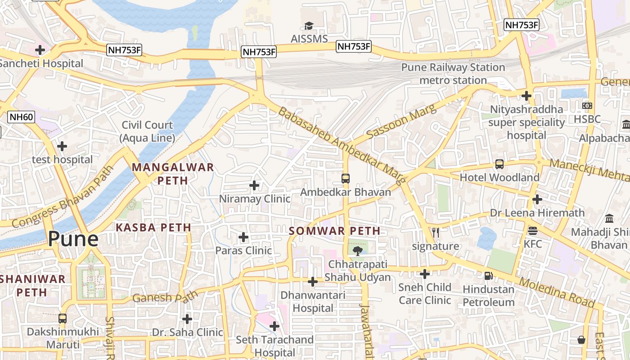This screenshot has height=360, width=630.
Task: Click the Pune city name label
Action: [73, 238]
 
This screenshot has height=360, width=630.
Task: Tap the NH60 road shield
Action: [21, 117]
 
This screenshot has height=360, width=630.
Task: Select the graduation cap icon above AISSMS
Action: [309, 26]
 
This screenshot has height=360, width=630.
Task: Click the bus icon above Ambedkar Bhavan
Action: [345, 179]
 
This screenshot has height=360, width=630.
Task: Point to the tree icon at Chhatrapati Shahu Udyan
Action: [357, 250]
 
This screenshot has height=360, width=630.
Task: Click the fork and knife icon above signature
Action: [435, 233]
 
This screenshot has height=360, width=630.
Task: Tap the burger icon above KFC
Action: [533, 231]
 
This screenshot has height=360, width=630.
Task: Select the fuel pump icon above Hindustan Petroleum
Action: [488, 275]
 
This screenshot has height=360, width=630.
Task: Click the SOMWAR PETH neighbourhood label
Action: [334, 231]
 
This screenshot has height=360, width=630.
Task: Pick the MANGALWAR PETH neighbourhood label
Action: [172, 174]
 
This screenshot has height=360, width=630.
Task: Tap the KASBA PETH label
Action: [153, 227]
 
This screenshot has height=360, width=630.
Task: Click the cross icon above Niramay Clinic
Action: [254, 185]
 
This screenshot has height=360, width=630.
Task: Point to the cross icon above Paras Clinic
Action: [243, 237]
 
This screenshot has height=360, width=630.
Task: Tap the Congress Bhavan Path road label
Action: [63, 199]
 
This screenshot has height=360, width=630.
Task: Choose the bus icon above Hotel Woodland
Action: [499, 164]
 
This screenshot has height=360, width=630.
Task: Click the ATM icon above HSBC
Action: [587, 105]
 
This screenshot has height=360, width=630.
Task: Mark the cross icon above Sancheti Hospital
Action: [40, 50]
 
